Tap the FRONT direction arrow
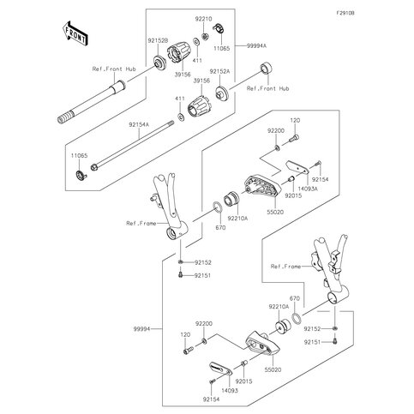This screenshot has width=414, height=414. tap(75, 33)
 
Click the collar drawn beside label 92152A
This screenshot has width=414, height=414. tap(221, 91)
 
